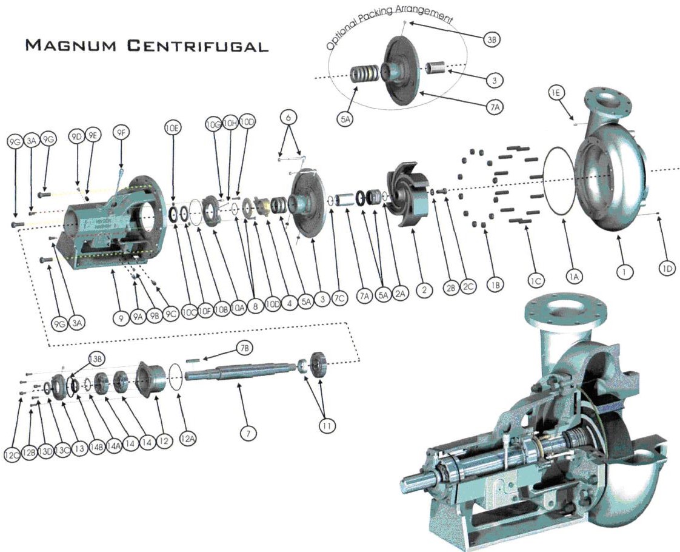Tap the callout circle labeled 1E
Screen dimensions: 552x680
click(556, 93)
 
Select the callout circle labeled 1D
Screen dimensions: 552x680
click(667, 268)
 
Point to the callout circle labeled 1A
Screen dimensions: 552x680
click(574, 276)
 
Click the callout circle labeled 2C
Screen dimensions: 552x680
click(467, 288)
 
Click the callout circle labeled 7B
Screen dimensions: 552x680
click(245, 348)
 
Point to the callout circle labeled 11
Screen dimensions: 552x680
click(327, 426)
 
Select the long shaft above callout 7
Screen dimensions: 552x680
click(242, 371)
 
